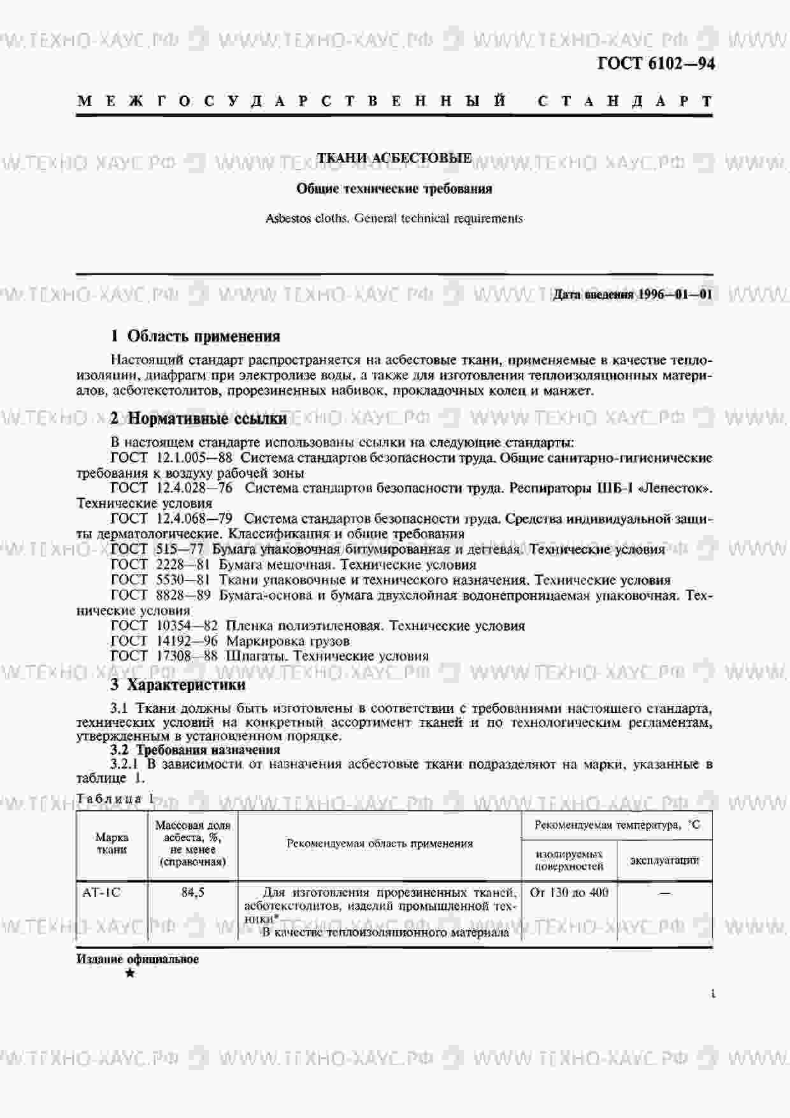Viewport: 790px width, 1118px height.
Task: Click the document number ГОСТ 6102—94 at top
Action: [656, 64]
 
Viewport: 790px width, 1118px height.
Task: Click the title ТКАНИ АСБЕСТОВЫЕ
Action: [394, 158]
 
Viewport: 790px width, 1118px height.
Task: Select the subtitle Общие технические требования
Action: [394, 189]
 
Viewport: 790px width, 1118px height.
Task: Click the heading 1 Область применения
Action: [196, 336]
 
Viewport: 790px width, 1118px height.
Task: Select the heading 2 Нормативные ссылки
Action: [198, 419]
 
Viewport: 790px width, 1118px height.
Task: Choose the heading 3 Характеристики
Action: [178, 685]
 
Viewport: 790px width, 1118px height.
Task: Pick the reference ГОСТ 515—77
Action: [157, 549]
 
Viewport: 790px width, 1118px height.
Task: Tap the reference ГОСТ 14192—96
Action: [164, 641]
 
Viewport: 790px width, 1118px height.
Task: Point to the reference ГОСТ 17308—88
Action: [164, 656]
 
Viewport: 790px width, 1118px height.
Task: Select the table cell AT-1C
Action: [101, 892]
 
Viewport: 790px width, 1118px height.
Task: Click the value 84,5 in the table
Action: [192, 892]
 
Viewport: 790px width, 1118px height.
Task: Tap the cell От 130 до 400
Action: [569, 892]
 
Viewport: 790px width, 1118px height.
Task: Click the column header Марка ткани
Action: [111, 843]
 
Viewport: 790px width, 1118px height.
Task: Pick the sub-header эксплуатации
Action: [664, 861]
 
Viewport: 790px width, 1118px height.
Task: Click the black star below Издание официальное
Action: [130, 973]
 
